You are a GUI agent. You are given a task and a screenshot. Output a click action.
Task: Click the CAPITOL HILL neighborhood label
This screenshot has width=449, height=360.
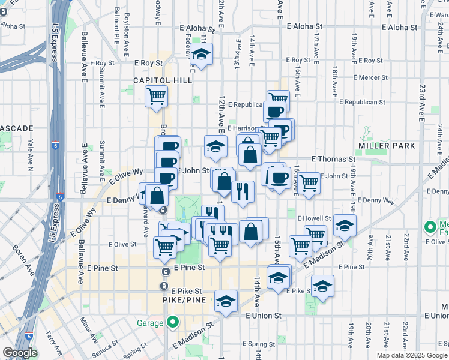[163, 80]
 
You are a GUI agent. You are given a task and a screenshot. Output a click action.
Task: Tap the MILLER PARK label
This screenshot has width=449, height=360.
[382, 146]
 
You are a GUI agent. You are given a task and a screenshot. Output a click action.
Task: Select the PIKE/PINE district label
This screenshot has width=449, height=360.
[185, 299]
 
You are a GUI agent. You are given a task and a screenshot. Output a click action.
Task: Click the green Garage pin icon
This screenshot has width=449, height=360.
[173, 323]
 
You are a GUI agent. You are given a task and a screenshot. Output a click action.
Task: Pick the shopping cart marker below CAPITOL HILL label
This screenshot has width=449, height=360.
[156, 96]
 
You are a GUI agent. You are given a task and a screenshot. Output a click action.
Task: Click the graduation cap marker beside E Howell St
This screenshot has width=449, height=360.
[345, 225]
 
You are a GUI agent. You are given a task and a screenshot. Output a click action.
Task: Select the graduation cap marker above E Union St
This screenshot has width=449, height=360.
[226, 301]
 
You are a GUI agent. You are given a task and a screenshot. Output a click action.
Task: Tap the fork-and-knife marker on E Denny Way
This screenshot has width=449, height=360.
[243, 192]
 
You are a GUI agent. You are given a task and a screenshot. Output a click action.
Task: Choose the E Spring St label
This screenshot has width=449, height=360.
[259, 344]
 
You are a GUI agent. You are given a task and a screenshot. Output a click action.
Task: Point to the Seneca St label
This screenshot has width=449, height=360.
[100, 347]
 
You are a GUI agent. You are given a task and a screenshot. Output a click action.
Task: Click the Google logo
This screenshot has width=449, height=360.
[20, 353]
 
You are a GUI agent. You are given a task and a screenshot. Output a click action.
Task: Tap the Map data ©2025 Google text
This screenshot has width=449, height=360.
[412, 355]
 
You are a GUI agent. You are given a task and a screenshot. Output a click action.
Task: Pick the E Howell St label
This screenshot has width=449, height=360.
[317, 218]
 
